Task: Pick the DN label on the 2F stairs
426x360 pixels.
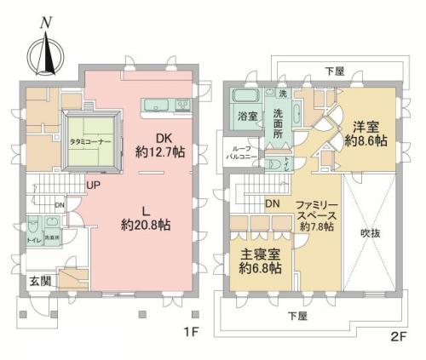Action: click(x=273, y=204)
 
